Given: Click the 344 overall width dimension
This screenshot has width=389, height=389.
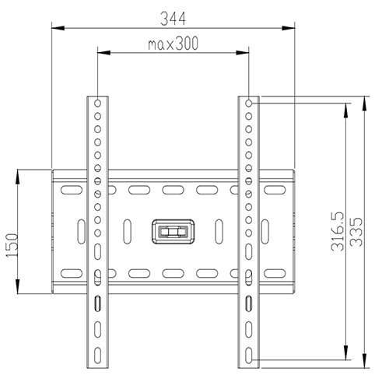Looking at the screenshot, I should pyautogui.click(x=174, y=16).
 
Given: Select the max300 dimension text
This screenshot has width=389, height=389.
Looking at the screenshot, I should pyautogui.click(x=173, y=44).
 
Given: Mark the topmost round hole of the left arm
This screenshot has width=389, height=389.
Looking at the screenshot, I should pyautogui.click(x=98, y=102).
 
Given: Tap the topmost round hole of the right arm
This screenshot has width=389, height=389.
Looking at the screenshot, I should pyautogui.click(x=248, y=102).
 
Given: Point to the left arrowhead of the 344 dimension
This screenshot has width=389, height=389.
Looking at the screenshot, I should pyautogui.click(x=56, y=29).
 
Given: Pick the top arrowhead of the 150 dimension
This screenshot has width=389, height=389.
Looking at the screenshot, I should pyautogui.click(x=19, y=173).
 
